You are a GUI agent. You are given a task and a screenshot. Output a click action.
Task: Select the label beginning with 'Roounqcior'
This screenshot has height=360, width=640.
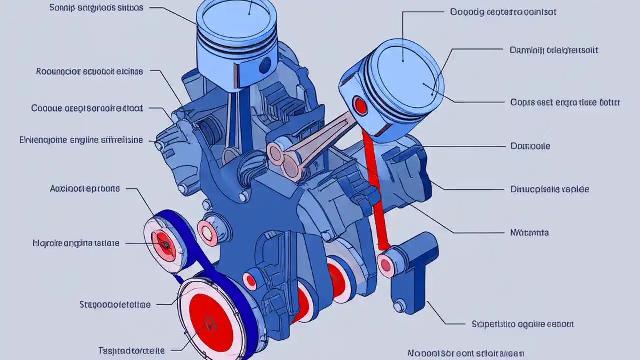pos(89,71)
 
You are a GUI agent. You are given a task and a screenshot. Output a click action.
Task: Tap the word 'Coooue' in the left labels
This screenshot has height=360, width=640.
pos(47,108)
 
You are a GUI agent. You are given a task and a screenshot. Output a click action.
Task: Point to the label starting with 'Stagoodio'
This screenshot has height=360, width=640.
pos(115,304)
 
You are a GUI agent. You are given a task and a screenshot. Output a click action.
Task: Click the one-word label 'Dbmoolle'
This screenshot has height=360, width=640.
pos(530,146)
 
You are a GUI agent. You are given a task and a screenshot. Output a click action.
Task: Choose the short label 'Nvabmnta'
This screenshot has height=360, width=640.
pos(529,232)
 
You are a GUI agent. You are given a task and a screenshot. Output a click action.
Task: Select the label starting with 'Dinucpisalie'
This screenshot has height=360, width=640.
pos(549,189)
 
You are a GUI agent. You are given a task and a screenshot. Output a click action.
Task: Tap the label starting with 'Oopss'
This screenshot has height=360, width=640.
pos(565,102)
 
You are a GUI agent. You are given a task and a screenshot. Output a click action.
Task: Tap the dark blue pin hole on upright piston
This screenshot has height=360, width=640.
pos(265,64)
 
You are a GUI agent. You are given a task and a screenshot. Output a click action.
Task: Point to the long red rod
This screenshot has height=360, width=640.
pos(376,190)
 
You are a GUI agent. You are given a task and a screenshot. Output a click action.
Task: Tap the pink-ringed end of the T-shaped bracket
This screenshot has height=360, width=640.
pos(385,264)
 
